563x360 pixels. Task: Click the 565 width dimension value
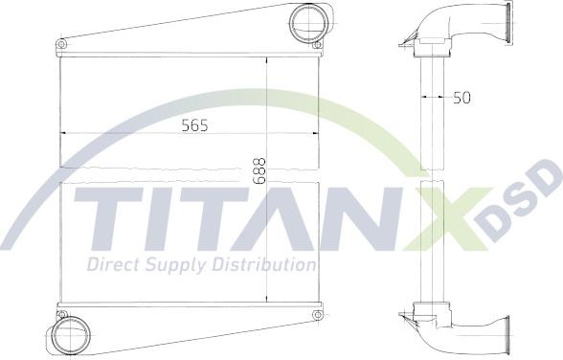pyautogui.click(x=193, y=124)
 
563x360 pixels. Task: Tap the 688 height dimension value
pyautogui.click(x=259, y=170)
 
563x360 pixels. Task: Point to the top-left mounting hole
pyautogui.click(x=62, y=44)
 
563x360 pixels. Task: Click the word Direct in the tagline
pyautogui.click(x=113, y=264)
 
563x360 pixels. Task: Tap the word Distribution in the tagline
pyautogui.click(x=262, y=264)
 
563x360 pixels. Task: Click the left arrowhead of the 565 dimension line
pyautogui.click(x=64, y=133)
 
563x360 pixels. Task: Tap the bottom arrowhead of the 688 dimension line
pyautogui.click(x=267, y=300)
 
